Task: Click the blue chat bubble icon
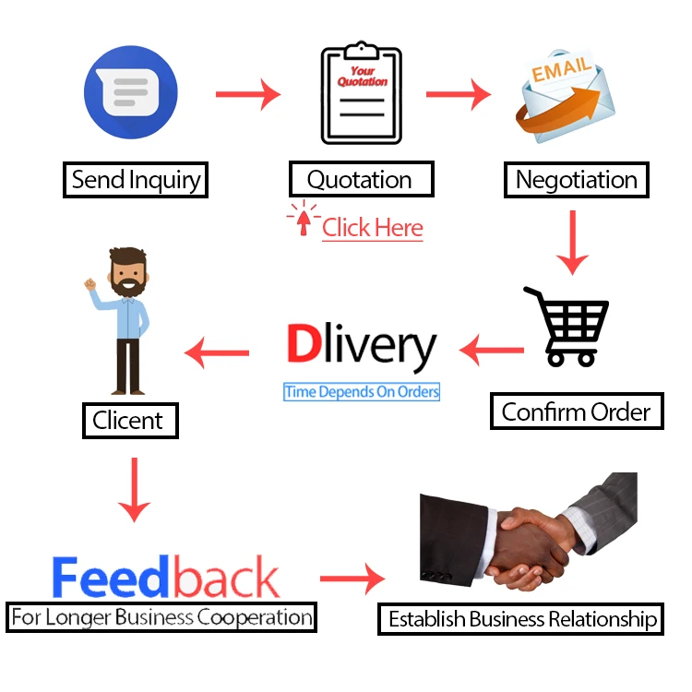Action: (130, 92)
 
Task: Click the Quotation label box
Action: (360, 180)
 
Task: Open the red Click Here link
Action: (372, 228)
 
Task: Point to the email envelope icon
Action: (565, 96)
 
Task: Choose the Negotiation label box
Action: (576, 180)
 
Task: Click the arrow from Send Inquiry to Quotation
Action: (247, 93)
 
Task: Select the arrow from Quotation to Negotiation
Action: (458, 93)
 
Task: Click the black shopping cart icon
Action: (568, 326)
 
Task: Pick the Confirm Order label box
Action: (576, 412)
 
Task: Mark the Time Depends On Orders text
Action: (362, 392)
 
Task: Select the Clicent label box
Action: (128, 421)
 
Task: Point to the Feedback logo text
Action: (165, 578)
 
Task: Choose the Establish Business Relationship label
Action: (520, 618)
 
